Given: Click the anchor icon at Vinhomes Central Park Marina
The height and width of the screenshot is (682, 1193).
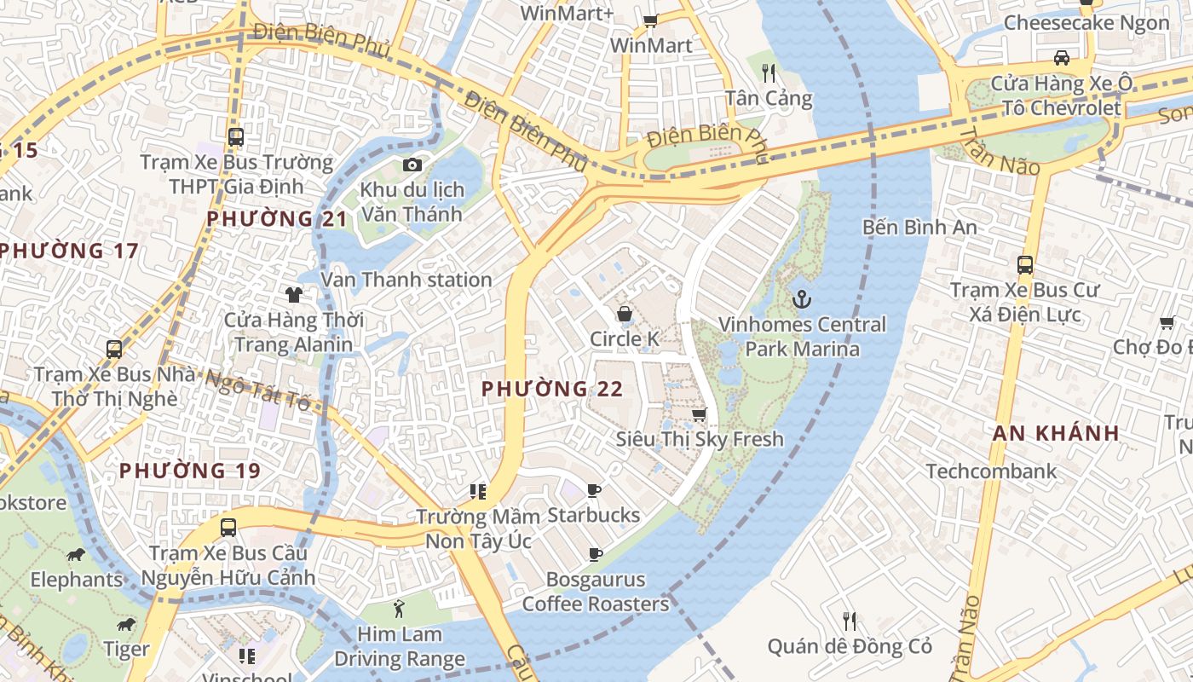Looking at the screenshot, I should (801, 299).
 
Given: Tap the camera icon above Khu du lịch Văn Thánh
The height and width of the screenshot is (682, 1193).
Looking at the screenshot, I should (412, 165).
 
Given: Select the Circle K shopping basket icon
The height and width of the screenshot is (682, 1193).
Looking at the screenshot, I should (625, 314).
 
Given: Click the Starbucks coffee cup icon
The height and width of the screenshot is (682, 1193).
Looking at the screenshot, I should (594, 490).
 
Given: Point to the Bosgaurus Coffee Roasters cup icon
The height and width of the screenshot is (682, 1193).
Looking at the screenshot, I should (596, 554).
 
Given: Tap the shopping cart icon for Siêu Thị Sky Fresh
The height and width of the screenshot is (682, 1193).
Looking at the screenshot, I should (699, 414).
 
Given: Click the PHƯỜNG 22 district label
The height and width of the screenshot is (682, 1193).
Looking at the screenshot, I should (552, 389).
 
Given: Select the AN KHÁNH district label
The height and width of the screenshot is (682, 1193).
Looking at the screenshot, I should (1056, 433).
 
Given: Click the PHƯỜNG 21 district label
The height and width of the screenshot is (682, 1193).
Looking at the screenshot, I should (278, 219).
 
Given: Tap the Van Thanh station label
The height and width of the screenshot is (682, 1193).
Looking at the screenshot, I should (406, 280).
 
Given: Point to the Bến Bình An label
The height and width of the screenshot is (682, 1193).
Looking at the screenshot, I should (919, 228).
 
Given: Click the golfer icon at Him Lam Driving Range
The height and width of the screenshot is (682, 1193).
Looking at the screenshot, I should (399, 609).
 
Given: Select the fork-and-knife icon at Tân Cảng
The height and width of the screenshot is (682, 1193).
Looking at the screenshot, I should (769, 72).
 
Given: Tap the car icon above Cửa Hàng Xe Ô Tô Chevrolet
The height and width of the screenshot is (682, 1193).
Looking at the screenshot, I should (1061, 58).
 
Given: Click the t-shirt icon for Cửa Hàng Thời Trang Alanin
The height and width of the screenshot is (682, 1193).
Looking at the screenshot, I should (294, 295).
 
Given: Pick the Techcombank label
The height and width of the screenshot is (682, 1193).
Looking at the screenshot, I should (991, 471).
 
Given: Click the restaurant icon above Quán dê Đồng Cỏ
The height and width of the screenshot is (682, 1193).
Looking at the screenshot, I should (849, 621).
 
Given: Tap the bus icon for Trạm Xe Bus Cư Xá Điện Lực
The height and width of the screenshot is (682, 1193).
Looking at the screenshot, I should (1025, 265).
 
